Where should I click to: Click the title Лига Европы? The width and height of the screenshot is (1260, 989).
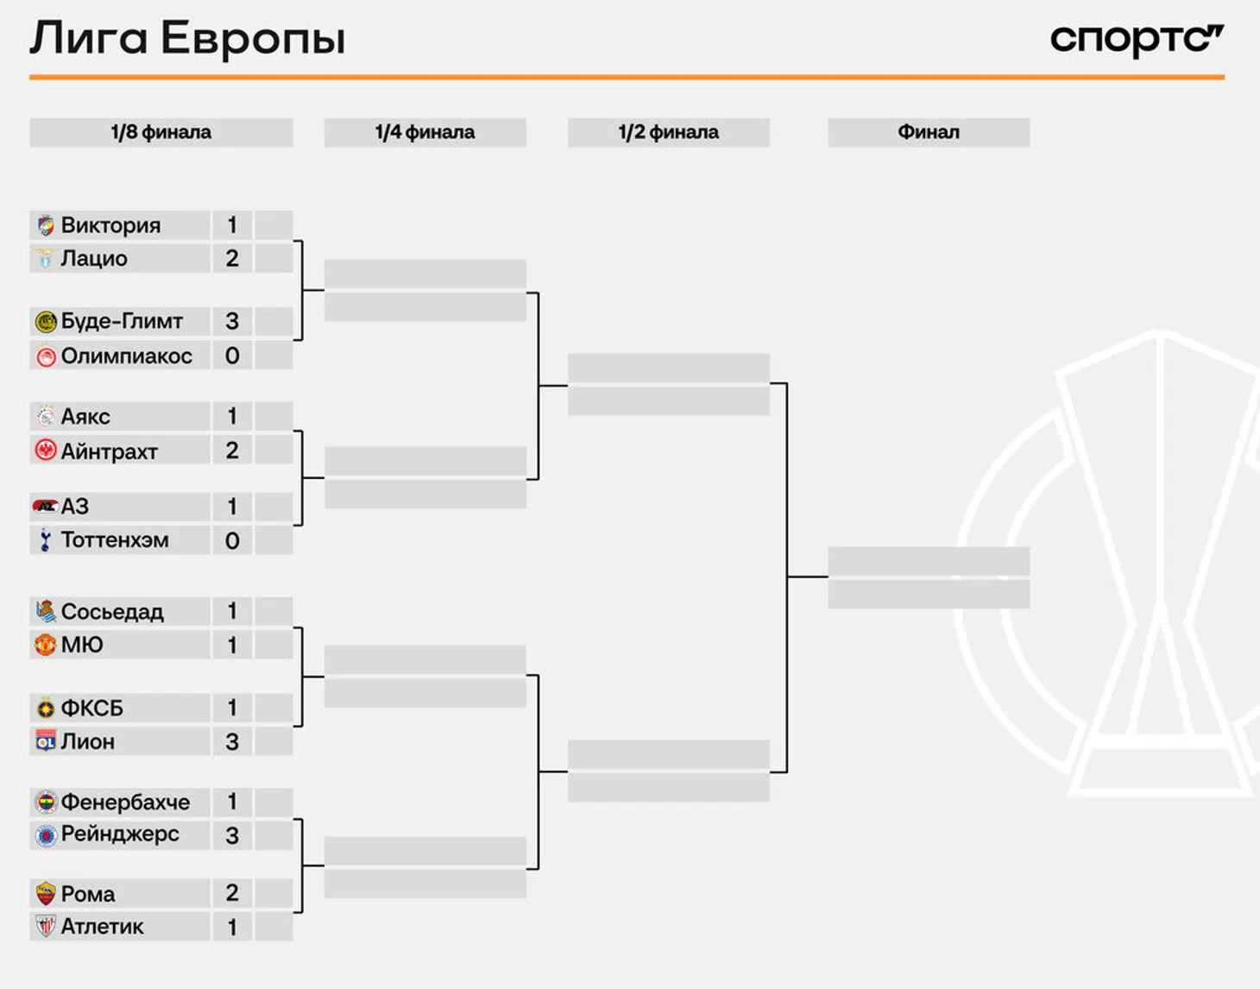pos(187,39)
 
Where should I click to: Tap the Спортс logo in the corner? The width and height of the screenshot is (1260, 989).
pos(1137,40)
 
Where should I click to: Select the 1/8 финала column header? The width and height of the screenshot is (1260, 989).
pos(161,132)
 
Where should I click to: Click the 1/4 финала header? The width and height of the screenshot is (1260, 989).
pos(425,132)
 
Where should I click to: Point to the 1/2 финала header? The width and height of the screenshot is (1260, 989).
pos(669,132)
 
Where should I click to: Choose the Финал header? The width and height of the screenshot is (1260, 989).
pos(929,132)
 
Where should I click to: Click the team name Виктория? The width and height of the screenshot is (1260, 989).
pos(110,225)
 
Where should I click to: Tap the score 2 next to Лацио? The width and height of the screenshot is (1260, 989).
pos(232,258)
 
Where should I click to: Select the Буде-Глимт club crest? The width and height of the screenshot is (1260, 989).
pos(46,322)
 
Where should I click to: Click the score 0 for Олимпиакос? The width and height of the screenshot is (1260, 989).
pos(232,356)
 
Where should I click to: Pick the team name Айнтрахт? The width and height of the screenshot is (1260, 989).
pos(109,451)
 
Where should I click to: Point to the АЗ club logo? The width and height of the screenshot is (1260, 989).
pos(45,507)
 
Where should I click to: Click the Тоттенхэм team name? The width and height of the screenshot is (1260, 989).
pos(115,539)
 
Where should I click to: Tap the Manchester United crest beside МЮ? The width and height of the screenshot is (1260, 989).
pos(45,645)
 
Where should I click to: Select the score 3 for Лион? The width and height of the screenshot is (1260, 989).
pos(232,741)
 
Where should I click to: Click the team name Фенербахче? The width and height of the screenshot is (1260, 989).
pos(125,802)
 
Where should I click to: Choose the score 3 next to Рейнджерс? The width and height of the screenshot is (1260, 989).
pos(232,835)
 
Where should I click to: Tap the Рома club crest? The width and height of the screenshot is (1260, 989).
pos(45,894)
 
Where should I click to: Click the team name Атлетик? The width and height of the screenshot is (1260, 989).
pos(102,926)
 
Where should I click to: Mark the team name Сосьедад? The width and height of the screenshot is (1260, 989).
pos(112,612)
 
